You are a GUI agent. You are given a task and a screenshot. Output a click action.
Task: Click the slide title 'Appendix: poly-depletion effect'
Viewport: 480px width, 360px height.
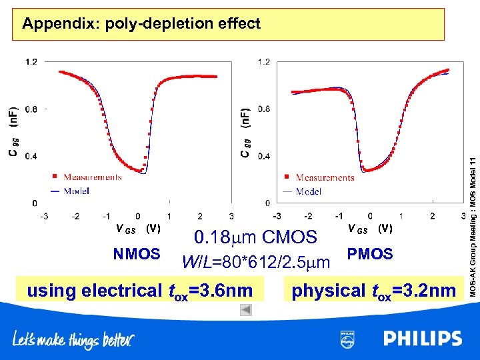[x=141, y=24]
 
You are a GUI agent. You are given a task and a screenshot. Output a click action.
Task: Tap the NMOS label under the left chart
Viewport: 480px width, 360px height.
[x=137, y=255]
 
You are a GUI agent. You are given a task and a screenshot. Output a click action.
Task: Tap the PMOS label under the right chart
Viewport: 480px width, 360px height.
[x=371, y=255]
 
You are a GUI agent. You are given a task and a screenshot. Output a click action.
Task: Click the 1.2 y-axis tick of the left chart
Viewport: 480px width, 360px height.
[x=31, y=62]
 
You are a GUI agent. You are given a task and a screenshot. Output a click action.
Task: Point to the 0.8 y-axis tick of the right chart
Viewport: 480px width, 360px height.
[x=264, y=109]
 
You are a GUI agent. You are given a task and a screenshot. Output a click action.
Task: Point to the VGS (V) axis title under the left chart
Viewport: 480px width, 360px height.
[x=138, y=229]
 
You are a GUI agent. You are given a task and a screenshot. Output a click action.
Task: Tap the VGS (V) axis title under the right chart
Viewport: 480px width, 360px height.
[x=370, y=229]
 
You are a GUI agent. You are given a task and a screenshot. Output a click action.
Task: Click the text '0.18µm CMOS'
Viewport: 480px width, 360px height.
[x=255, y=237]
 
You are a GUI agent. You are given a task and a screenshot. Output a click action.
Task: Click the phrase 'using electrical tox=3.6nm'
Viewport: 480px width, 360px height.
[x=140, y=291]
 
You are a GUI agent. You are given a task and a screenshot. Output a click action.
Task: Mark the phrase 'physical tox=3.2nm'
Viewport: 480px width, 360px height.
[x=374, y=291]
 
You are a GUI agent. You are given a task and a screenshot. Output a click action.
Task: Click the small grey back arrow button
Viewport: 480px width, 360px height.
[x=245, y=309]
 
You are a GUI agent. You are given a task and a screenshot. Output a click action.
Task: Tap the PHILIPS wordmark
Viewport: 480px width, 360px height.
[x=422, y=339]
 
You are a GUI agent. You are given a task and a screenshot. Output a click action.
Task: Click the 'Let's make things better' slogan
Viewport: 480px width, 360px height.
[x=73, y=341]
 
